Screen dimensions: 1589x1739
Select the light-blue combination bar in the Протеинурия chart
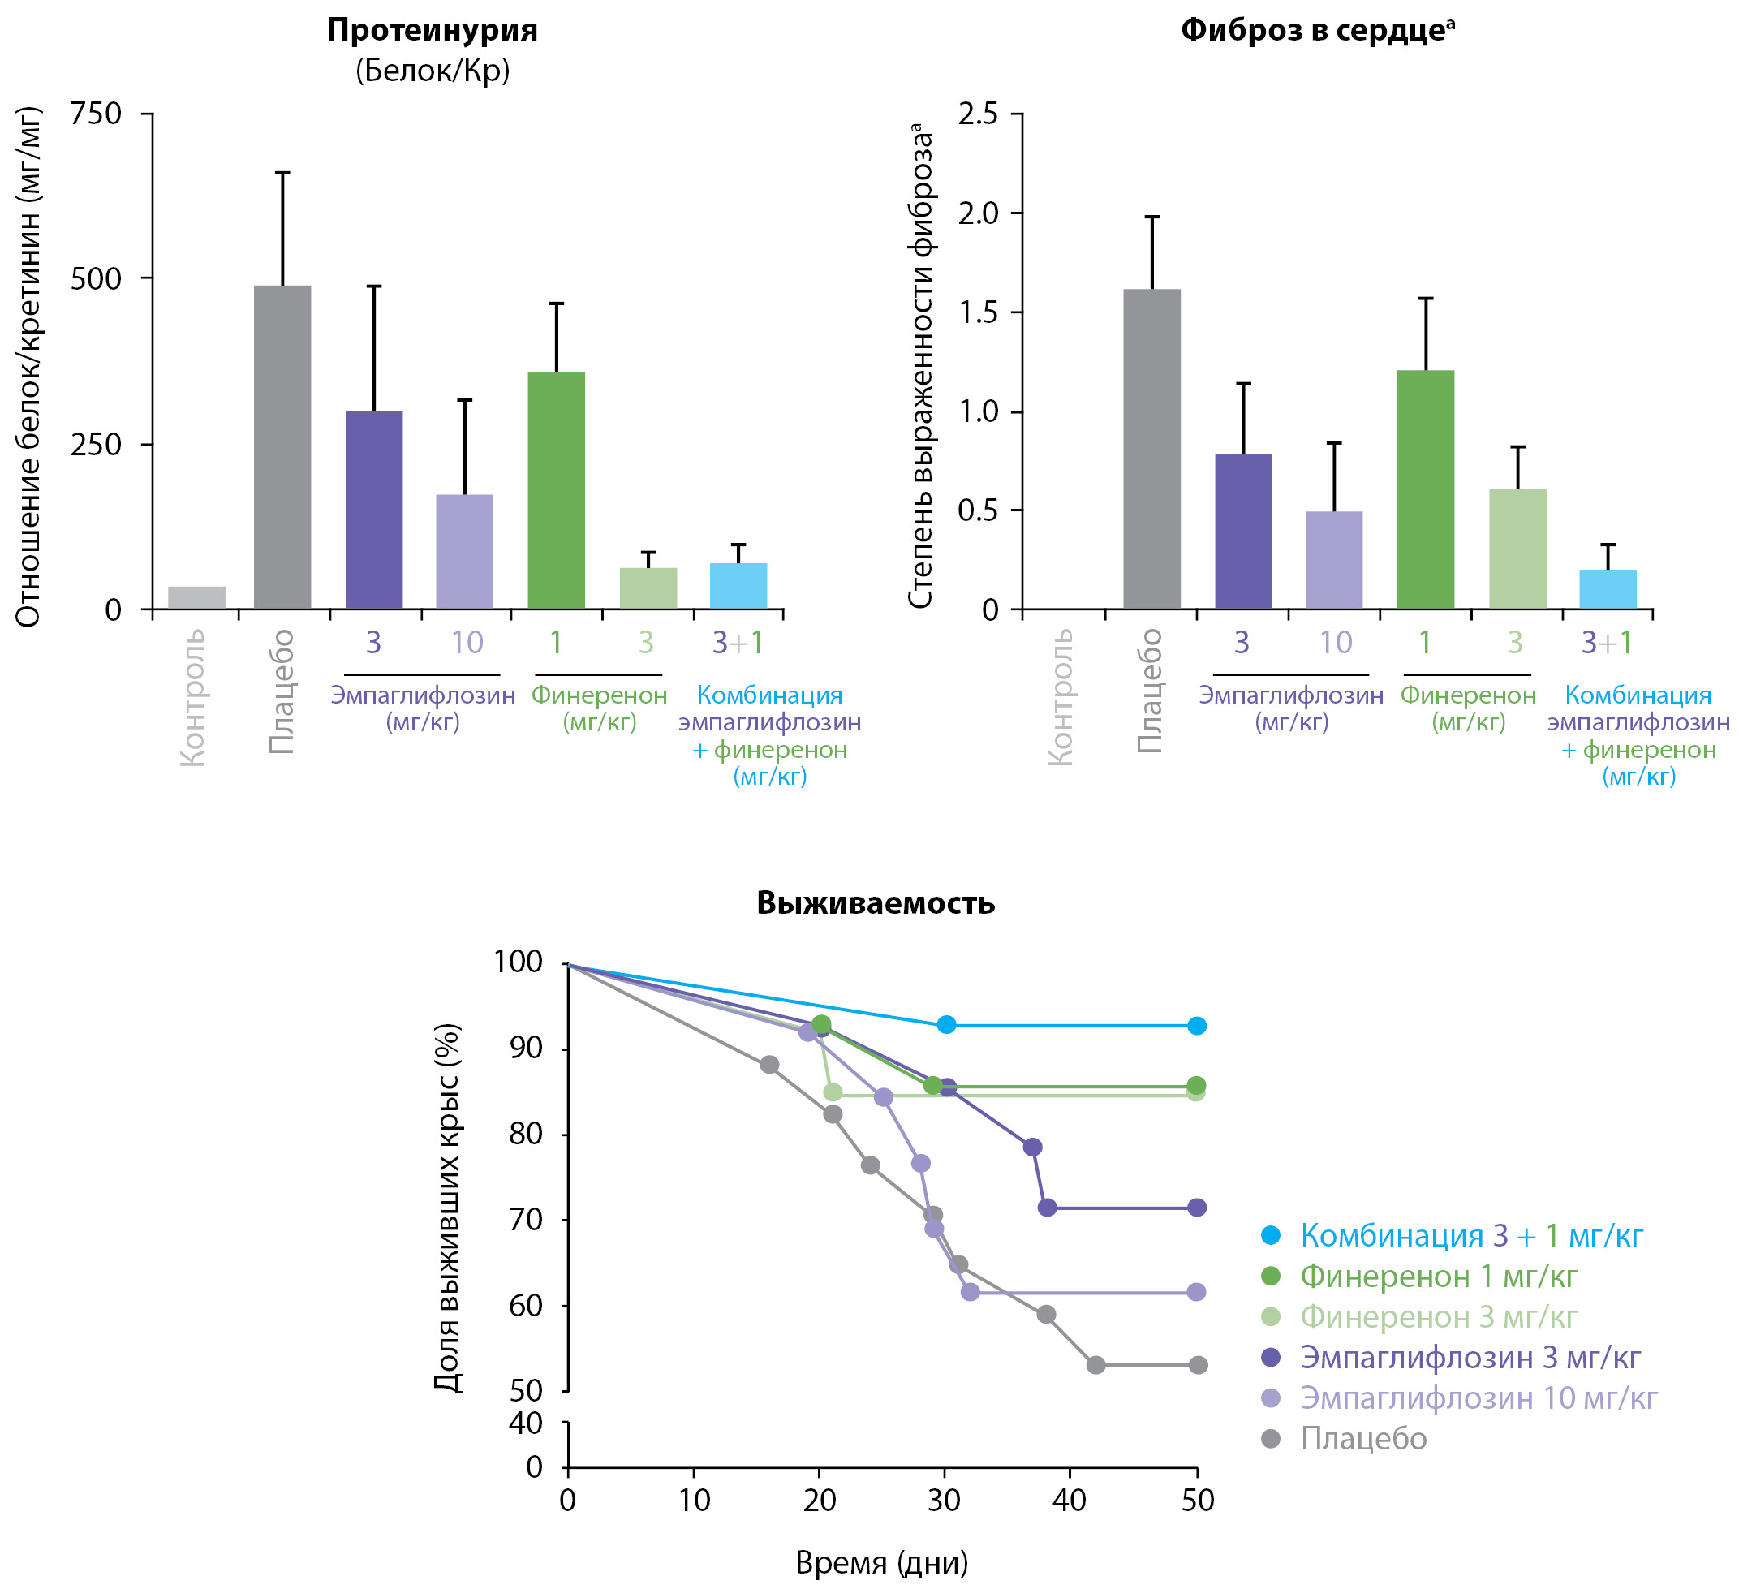pos(738,586)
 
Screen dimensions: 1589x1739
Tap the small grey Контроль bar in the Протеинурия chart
pos(196,597)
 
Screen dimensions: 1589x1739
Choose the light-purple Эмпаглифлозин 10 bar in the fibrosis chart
pos(1333,560)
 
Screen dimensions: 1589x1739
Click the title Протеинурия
pos(433,31)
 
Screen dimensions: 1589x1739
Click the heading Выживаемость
pos(876,903)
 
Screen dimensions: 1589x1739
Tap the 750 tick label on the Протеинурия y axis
pos(96,113)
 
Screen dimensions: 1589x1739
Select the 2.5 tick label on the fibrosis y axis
pos(977,113)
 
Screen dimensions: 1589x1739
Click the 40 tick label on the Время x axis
pos(1070,1501)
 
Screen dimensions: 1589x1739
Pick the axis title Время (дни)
pos(881,1562)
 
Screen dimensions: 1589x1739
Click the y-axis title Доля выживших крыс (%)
pos(447,1207)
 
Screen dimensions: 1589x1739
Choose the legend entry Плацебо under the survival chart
pos(1363,1439)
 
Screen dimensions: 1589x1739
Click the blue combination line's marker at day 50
pos(1196,1026)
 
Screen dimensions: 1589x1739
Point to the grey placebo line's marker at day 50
pos(1197,1365)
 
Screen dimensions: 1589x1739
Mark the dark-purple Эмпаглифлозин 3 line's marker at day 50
pos(1196,1208)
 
